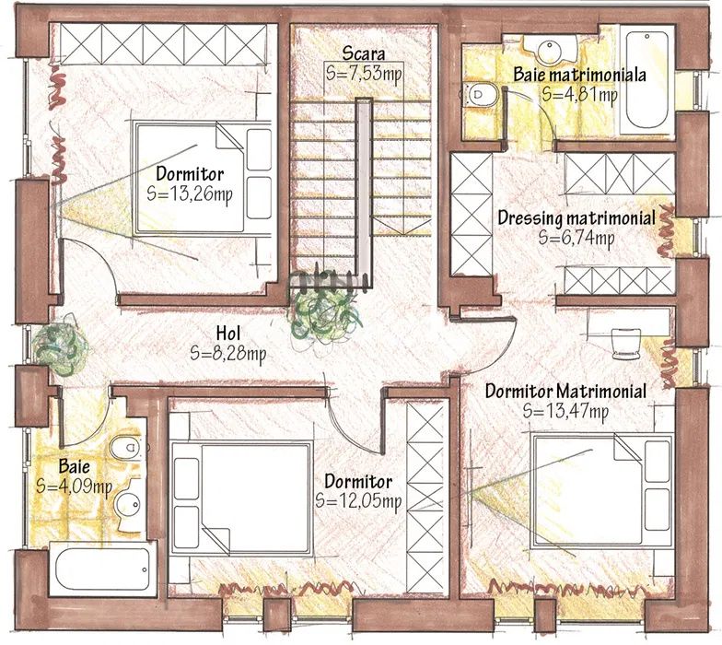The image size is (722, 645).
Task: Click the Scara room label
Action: (364, 53)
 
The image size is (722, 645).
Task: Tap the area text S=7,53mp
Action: (364, 73)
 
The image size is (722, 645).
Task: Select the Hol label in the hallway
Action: (228, 334)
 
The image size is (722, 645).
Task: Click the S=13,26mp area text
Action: (190, 193)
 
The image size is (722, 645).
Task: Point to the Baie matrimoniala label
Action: (580, 75)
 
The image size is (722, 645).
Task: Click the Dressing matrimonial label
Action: (576, 217)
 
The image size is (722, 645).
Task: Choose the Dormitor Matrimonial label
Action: (565, 391)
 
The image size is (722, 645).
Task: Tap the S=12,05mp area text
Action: (358, 501)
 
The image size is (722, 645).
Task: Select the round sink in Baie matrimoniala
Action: (550, 50)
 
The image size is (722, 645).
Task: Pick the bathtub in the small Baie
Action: (103, 569)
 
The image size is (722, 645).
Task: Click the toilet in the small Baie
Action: (127, 447)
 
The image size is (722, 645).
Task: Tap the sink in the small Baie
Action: (129, 505)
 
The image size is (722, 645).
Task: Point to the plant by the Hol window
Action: (60, 345)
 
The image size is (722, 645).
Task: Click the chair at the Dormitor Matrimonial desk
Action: (626, 343)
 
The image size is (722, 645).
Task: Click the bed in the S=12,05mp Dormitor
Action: (240, 498)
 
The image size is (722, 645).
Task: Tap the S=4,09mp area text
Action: (74, 487)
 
